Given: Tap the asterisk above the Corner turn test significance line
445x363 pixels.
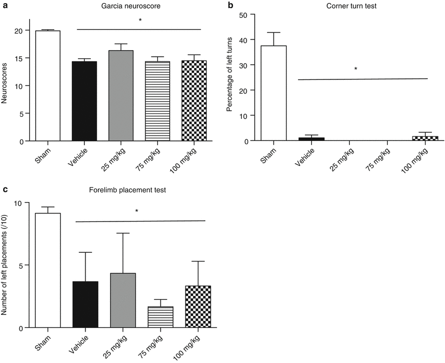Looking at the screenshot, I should click(355, 69).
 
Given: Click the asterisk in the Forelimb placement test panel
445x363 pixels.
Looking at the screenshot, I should click(137, 211).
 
